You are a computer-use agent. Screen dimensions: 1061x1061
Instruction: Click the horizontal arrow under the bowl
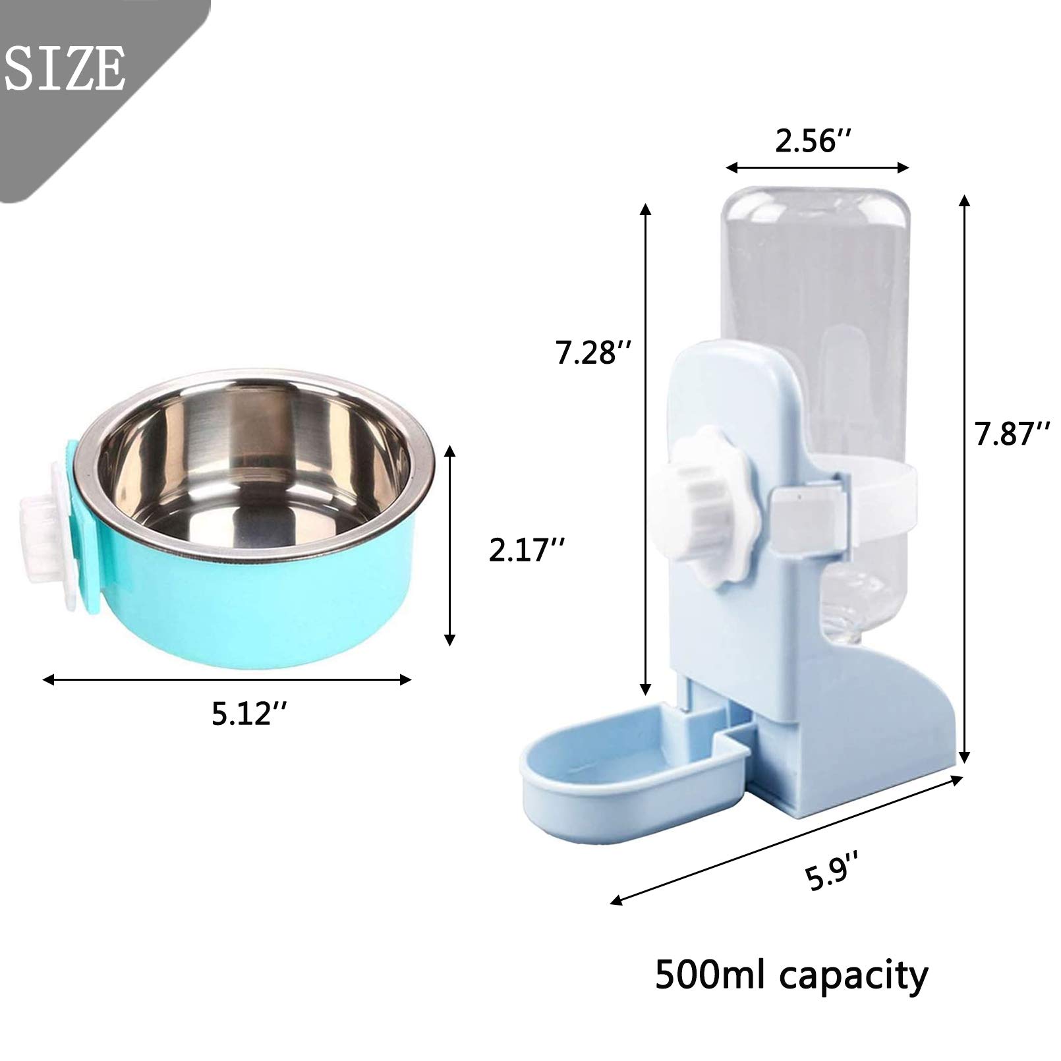(x=226, y=679)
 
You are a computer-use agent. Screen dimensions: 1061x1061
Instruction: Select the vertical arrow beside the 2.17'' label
(x=449, y=544)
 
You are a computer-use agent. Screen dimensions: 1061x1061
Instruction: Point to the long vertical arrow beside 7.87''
(x=965, y=478)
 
